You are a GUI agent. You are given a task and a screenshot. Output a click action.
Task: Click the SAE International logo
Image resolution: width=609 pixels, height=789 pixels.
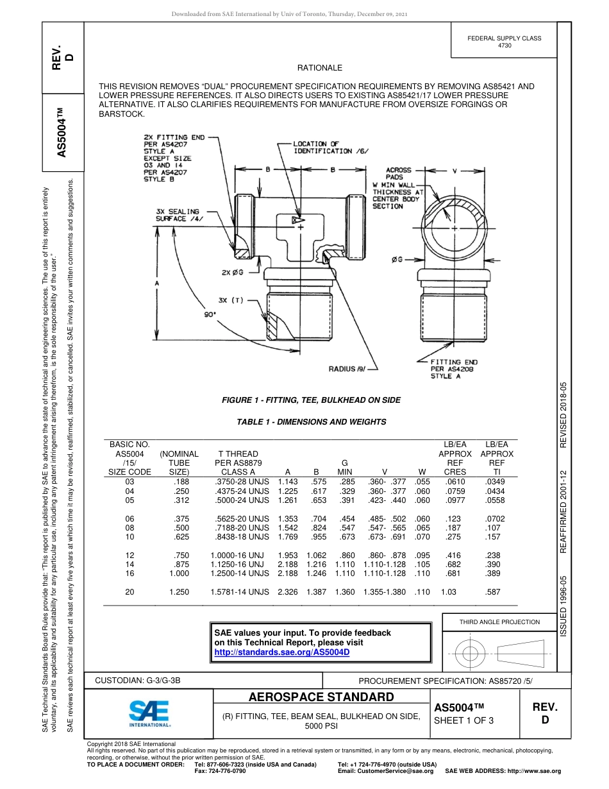click(x=149, y=713)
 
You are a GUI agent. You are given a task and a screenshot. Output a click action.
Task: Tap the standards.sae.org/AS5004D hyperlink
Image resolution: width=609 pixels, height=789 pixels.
click(x=282, y=652)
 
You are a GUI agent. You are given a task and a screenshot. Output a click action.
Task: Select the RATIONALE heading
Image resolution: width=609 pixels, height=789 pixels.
click(x=320, y=68)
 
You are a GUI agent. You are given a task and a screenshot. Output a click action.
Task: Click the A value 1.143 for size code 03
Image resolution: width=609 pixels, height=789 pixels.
click(x=288, y=481)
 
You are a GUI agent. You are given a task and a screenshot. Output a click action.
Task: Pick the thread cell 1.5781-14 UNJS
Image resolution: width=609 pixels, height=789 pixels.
click(x=240, y=592)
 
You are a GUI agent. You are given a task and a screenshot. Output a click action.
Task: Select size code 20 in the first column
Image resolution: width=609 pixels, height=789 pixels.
click(x=130, y=592)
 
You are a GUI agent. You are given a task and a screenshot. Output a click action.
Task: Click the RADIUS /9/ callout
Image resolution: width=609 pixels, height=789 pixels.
click(x=346, y=369)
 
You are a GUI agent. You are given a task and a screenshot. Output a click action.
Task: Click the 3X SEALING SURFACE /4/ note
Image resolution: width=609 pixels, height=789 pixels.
click(x=177, y=215)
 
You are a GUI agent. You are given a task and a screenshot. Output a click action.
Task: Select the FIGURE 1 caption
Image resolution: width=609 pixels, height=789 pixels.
click(x=311, y=400)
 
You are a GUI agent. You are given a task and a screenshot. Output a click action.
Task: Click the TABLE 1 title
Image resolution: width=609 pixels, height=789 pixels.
click(x=311, y=422)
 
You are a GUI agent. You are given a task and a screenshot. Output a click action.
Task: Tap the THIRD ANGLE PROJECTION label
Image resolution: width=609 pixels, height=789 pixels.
click(x=499, y=622)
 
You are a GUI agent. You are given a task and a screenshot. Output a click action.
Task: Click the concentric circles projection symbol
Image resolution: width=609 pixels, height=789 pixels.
click(x=471, y=654)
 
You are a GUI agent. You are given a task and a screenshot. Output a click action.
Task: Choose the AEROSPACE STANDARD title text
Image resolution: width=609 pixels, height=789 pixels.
click(x=321, y=697)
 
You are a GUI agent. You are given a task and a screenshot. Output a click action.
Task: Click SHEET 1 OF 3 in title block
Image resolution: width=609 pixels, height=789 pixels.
click(x=464, y=720)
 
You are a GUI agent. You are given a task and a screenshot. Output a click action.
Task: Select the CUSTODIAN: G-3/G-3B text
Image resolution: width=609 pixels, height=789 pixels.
click(x=142, y=679)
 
